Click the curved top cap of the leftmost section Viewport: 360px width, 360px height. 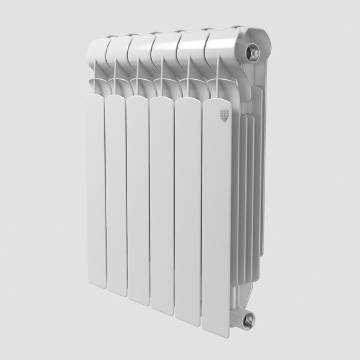pyautogui.click(x=98, y=51)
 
